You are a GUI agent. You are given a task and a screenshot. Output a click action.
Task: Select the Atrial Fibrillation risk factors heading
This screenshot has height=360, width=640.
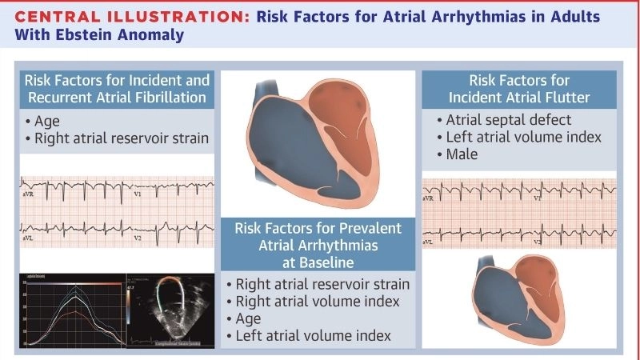117,90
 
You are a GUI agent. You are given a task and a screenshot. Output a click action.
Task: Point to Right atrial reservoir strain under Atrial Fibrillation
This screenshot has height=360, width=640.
121,138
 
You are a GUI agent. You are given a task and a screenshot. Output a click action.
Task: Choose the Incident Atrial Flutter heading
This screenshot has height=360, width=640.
519,90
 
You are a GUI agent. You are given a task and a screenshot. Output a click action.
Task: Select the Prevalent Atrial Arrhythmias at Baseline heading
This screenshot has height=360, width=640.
319,246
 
